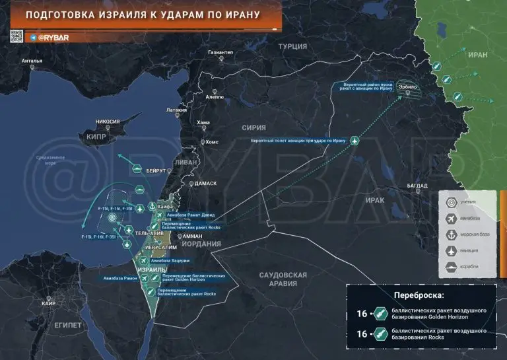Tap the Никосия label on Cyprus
[x=108, y=122]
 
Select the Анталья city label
[x=32, y=61]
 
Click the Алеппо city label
[x=215, y=96]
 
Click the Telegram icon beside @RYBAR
[x=33, y=38]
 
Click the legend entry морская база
[x=470, y=234]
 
